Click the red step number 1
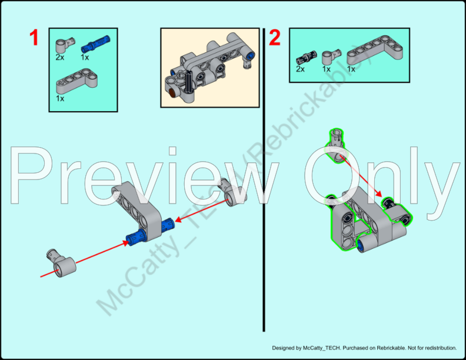click(34, 38)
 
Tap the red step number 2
click(275, 38)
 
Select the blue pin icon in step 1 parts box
click(91, 46)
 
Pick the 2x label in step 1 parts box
click(59, 58)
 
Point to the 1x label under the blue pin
click(85, 58)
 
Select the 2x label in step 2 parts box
click(300, 69)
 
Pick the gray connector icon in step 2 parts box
click(328, 58)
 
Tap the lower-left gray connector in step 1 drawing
click(61, 263)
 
